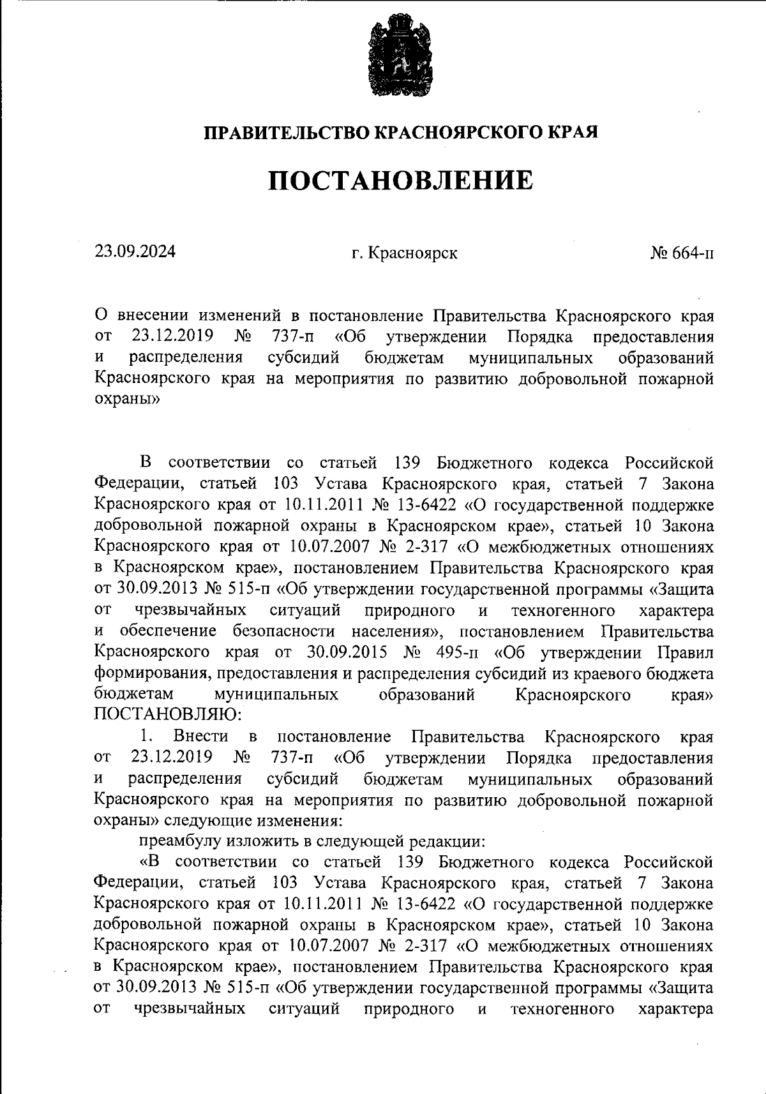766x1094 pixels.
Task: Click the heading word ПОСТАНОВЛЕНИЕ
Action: (400, 180)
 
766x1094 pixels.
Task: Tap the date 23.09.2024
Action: (135, 251)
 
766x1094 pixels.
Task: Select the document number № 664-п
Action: (682, 253)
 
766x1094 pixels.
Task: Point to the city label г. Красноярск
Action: (404, 253)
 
